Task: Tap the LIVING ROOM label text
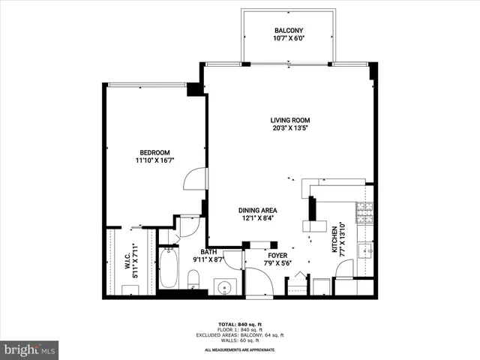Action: tap(290, 120)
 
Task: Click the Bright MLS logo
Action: tap(30, 349)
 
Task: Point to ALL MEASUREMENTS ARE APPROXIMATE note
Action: tap(241, 349)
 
